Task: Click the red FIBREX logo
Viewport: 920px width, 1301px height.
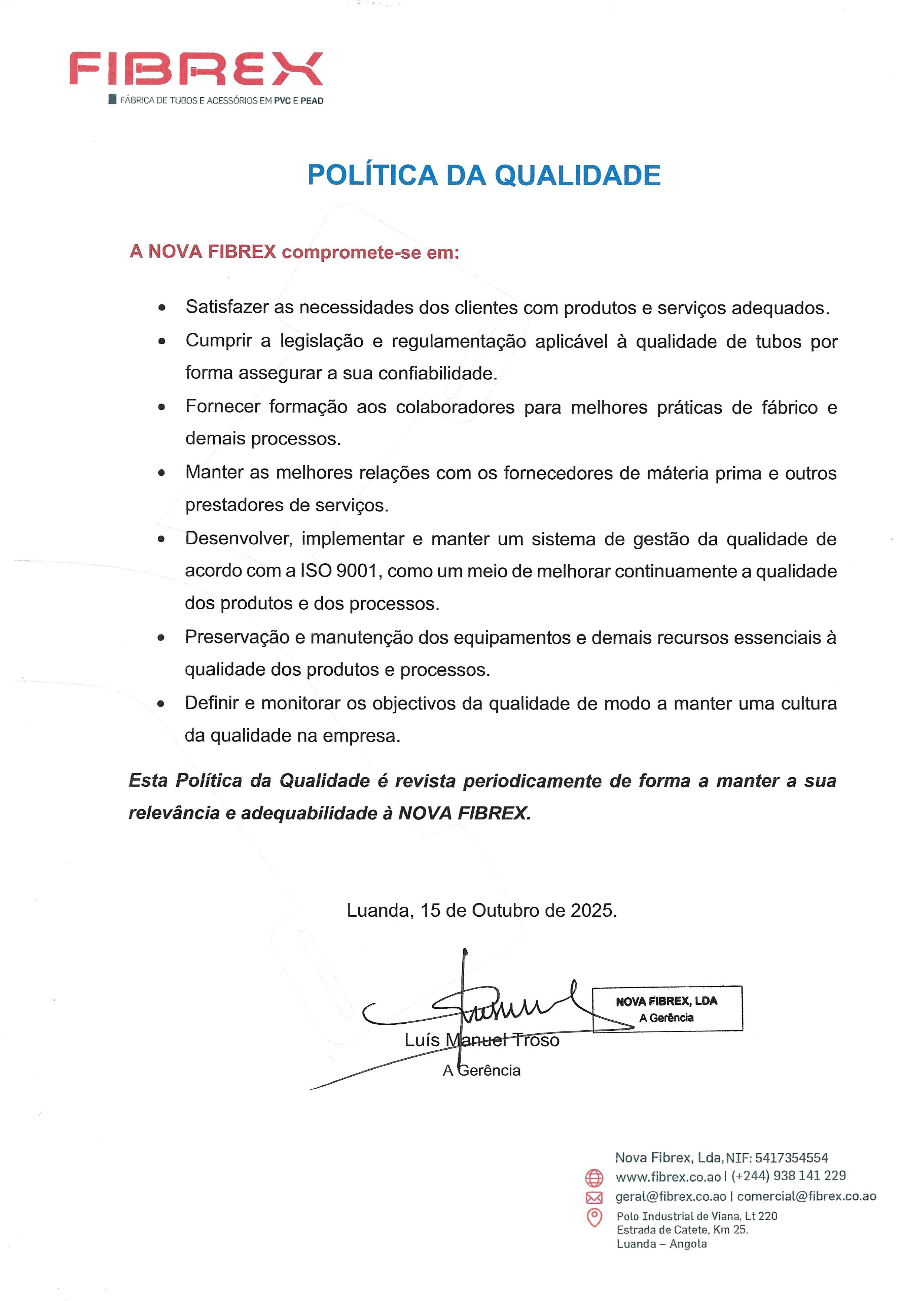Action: click(196, 69)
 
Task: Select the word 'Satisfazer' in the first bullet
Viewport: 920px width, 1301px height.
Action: click(227, 307)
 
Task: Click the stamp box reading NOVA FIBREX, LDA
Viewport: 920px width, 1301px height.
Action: click(667, 1008)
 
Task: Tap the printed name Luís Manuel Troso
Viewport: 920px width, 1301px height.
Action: click(482, 1040)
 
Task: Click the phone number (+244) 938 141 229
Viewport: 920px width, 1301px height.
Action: click(789, 1176)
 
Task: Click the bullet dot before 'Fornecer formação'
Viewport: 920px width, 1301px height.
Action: click(162, 407)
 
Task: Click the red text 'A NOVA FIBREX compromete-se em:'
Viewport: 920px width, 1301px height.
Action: click(294, 252)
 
